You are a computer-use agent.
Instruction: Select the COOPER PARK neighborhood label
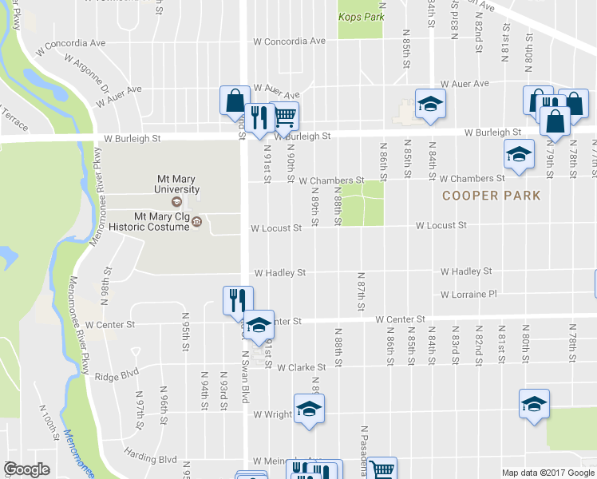click(492, 196)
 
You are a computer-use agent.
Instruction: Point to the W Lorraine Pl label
click(468, 295)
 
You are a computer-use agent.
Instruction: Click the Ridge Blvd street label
click(117, 374)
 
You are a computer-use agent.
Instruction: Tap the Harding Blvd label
click(150, 459)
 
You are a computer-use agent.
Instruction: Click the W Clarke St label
click(302, 367)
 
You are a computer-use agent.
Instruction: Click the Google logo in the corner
click(27, 469)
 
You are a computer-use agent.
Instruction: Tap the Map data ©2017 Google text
click(548, 473)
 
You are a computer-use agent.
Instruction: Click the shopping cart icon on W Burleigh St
click(285, 116)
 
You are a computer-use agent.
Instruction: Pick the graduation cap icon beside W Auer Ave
click(430, 104)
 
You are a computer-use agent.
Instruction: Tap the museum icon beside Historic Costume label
click(196, 221)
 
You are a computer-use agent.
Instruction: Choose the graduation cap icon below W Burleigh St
click(519, 153)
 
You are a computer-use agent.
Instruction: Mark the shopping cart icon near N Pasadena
click(382, 470)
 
